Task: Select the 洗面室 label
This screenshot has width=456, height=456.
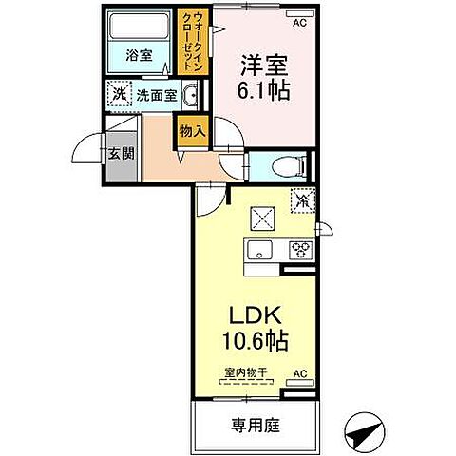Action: tap(155, 95)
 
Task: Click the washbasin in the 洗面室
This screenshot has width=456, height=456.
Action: tap(190, 95)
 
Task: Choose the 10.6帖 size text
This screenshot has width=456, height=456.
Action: tap(255, 340)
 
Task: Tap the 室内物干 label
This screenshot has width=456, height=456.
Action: tap(246, 373)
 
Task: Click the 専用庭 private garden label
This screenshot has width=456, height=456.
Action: tap(252, 424)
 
